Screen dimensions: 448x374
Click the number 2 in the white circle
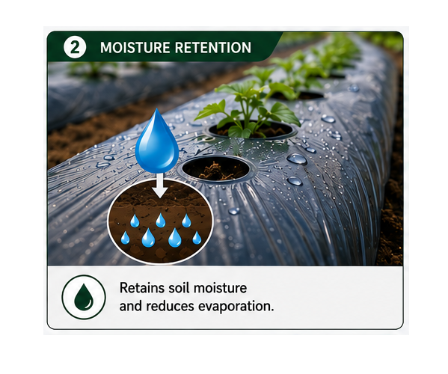coord(75,47)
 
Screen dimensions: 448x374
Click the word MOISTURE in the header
coord(135,47)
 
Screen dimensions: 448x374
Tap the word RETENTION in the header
coord(213,47)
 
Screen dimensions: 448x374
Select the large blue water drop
coord(157,141)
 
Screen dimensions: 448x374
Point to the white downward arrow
coord(160,186)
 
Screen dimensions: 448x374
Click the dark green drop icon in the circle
coord(84,297)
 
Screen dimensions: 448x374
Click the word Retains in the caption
coord(142,288)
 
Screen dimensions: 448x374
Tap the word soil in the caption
coord(179,288)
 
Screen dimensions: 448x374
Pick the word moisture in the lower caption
coord(221,288)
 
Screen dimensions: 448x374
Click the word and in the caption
coord(131,306)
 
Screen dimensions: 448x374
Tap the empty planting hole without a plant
coord(215,168)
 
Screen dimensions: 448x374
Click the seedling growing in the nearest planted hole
coord(247,111)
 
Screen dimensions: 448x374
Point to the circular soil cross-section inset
coord(160,221)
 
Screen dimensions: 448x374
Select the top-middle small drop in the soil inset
coord(161,220)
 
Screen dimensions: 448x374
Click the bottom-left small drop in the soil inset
coord(125,238)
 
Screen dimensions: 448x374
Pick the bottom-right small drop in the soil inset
coord(197,238)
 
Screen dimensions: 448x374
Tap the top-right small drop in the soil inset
coord(186,221)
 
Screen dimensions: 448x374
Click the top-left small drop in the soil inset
coord(135,221)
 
